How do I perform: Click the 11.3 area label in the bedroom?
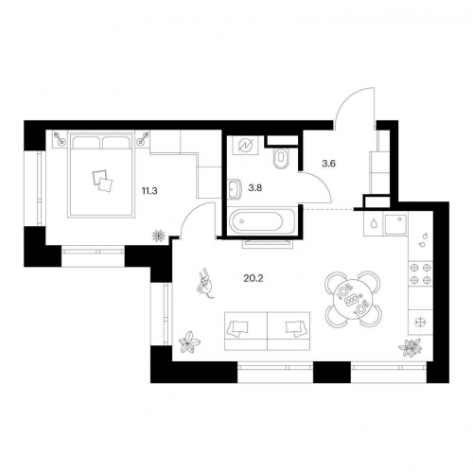149,191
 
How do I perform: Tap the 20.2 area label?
254,278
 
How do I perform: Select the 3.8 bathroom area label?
255,188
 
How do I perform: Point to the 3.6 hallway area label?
328,164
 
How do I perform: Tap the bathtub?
261,221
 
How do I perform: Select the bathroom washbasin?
234,189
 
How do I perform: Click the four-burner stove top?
420,273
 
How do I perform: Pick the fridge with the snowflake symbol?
420,322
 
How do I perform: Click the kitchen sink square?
395,223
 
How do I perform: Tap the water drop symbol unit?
374,223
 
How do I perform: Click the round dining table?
353,299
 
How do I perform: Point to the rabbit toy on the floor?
205,284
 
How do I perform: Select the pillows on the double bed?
102,181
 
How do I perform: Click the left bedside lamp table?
60,139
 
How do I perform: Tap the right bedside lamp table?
142,139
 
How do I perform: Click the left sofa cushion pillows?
239,328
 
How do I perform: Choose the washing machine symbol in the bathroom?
246,146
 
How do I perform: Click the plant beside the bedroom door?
159,236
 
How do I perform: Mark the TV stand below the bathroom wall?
268,243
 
